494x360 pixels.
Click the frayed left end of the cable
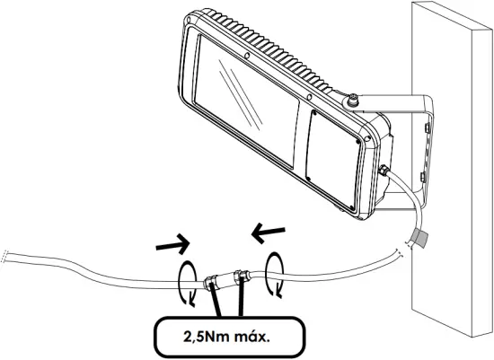click(x=7, y=256)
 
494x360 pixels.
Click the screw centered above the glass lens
click(x=247, y=56)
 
